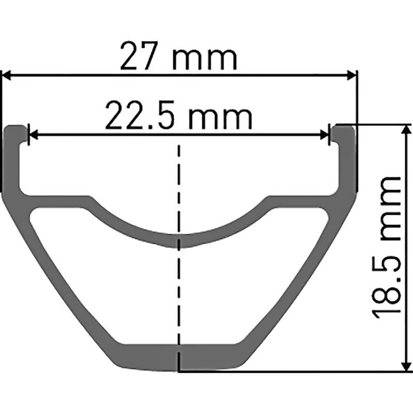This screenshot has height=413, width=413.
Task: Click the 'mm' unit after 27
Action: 204,59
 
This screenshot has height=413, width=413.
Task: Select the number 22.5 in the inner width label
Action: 140,115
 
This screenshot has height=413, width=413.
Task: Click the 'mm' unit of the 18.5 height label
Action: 390,209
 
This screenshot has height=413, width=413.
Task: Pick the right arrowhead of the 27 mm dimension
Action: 352,75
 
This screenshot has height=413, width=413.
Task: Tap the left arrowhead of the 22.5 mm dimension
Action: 33,135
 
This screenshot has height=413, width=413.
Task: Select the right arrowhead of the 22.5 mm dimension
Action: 325,135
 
